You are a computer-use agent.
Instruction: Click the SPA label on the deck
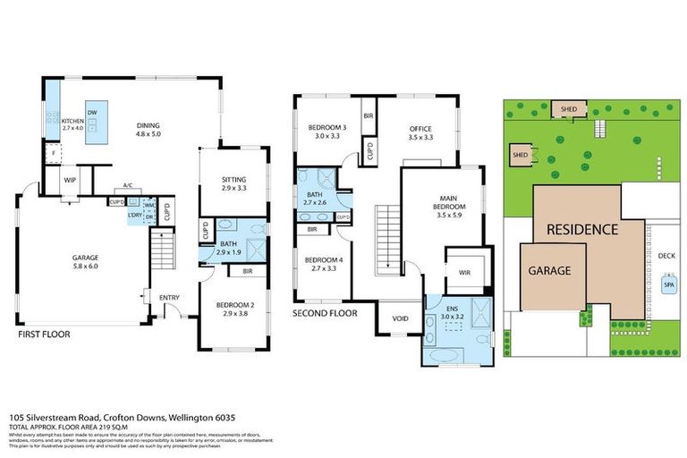pyautogui.click(x=667, y=285)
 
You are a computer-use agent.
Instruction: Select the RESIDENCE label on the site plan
pyautogui.click(x=581, y=229)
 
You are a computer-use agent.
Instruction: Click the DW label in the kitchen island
pyautogui.click(x=92, y=112)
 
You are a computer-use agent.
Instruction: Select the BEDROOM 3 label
pyautogui.click(x=319, y=131)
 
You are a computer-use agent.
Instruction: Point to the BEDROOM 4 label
pyautogui.click(x=319, y=262)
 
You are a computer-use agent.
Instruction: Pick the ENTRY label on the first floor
pyautogui.click(x=169, y=298)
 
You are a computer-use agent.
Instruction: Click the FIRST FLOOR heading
pyautogui.click(x=44, y=335)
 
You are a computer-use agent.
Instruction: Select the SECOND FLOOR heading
pyautogui.click(x=325, y=314)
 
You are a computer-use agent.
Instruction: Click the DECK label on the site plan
pyautogui.click(x=666, y=256)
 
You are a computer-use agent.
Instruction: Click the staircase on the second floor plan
pyautogui.click(x=386, y=233)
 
